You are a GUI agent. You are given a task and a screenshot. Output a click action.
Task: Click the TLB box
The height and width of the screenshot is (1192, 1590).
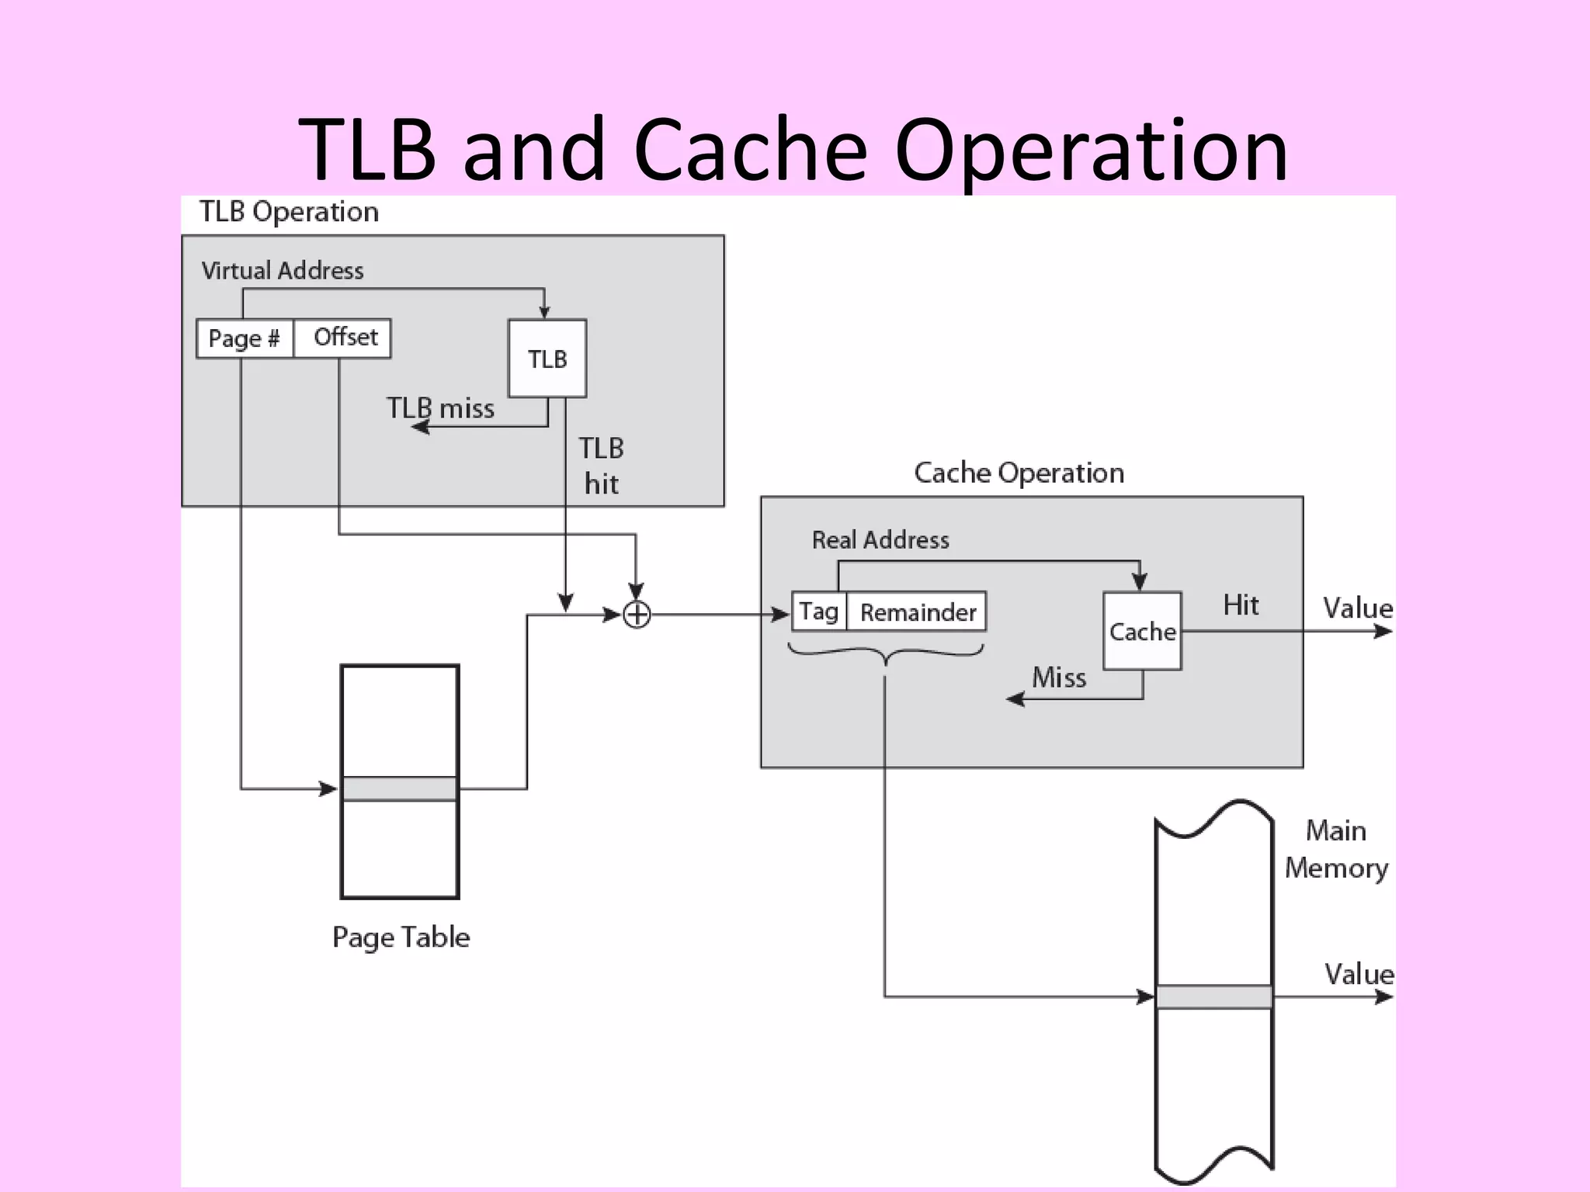pyautogui.click(x=547, y=359)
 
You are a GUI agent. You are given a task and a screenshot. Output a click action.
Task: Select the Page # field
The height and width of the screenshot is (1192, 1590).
pyautogui.click(x=245, y=338)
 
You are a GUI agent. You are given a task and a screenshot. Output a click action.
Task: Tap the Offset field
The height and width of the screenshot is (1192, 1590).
pyautogui.click(x=343, y=338)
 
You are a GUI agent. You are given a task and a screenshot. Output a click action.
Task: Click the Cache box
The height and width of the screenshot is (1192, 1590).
pyautogui.click(x=1142, y=631)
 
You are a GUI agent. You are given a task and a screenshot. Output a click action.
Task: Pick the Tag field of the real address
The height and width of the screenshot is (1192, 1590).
pyautogui.click(x=819, y=612)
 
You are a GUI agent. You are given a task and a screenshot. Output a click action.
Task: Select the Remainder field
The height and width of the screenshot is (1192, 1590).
pyautogui.click(x=918, y=612)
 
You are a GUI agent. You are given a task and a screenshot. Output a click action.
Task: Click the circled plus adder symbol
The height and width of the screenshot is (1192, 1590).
pyautogui.click(x=637, y=615)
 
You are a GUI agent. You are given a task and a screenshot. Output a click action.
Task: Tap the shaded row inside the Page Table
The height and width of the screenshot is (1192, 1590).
pyautogui.click(x=400, y=788)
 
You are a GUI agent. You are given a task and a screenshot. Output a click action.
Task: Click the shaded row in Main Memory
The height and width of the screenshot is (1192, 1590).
pyautogui.click(x=1214, y=996)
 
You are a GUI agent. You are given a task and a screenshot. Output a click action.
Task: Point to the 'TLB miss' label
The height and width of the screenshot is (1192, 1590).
pyautogui.click(x=440, y=408)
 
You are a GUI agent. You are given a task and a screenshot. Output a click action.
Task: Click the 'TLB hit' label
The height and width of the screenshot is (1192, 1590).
pyautogui.click(x=601, y=466)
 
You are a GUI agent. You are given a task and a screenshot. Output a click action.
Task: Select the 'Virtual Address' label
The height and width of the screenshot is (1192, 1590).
pyautogui.click(x=283, y=270)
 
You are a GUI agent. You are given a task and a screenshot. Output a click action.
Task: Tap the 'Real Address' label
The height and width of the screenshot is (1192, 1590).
pyautogui.click(x=880, y=539)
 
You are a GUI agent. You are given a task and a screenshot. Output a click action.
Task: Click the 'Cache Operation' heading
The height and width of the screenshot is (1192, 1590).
pyautogui.click(x=1019, y=472)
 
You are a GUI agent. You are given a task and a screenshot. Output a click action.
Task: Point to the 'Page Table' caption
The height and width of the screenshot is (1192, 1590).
pyautogui.click(x=401, y=937)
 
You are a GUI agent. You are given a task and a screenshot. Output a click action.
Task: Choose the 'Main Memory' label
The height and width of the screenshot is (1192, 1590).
pyautogui.click(x=1335, y=849)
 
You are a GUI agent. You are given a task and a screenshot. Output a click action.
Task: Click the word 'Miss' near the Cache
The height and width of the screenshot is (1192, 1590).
pyautogui.click(x=1059, y=677)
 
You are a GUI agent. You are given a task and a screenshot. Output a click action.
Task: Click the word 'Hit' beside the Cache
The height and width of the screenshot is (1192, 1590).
pyautogui.click(x=1241, y=605)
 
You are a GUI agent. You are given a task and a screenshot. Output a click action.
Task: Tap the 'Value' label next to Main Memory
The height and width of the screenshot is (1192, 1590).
pyautogui.click(x=1359, y=973)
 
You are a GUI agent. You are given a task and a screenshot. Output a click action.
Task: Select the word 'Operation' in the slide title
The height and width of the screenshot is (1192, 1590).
pyautogui.click(x=1091, y=149)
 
